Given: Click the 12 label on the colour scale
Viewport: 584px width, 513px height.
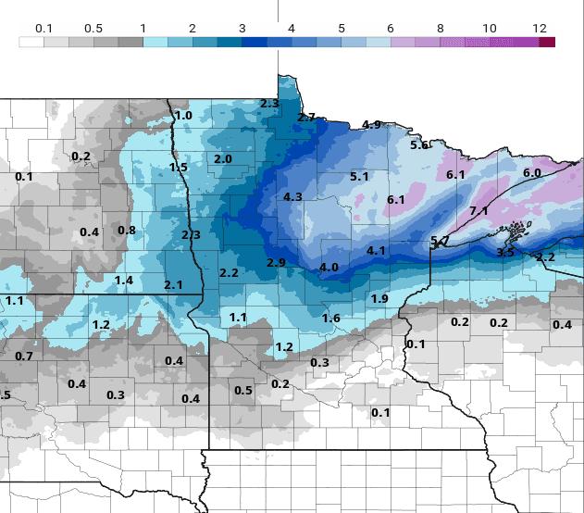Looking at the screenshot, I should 540,29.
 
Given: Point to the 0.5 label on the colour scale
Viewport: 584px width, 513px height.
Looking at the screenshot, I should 93,29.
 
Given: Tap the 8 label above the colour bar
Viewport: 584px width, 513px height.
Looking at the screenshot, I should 441,29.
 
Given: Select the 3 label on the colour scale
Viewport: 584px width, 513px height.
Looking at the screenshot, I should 242,29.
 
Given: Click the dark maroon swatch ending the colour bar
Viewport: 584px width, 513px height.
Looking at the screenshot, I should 547,42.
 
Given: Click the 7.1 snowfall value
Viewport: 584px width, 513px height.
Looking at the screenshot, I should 478,211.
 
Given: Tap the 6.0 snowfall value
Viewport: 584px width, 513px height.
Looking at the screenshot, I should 532,173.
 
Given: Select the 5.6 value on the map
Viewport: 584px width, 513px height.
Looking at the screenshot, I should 419,145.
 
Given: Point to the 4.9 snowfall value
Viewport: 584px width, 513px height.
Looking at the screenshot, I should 371,125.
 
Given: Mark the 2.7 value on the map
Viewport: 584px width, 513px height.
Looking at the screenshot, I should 306,118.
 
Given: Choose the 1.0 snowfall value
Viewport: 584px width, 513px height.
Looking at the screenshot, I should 183,116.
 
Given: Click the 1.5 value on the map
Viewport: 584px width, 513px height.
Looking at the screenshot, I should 179,168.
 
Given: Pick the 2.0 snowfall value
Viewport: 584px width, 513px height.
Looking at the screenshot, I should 223,159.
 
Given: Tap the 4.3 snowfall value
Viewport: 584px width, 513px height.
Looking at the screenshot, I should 293,197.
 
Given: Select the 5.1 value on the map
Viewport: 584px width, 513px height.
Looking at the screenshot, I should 360,177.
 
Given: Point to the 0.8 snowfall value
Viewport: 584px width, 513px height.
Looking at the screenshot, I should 127,231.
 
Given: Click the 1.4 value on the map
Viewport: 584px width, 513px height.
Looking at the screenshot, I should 124,281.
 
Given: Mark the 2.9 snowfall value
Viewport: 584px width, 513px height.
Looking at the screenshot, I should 276,264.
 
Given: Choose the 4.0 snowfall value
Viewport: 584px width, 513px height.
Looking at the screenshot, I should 329,268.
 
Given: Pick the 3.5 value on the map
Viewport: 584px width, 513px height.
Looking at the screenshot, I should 505,253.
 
